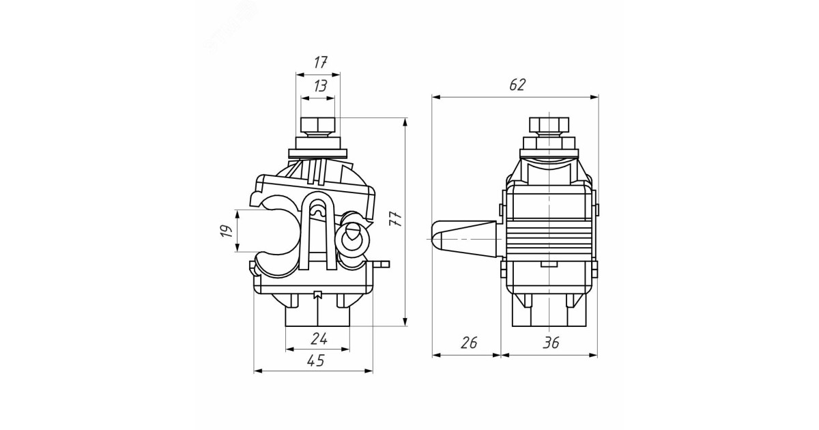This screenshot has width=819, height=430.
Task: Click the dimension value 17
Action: pyautogui.click(x=320, y=63)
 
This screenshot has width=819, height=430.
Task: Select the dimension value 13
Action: pyautogui.click(x=320, y=86)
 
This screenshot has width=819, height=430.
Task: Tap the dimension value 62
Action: pyautogui.click(x=517, y=85)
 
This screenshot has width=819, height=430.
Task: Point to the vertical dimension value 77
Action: pyautogui.click(x=396, y=218)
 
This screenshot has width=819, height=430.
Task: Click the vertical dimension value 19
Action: pyautogui.click(x=227, y=231)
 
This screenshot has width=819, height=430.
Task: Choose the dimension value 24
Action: pyautogui.click(x=319, y=339)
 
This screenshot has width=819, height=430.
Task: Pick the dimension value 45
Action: pyautogui.click(x=316, y=361)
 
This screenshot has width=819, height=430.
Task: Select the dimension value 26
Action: pyautogui.click(x=469, y=343)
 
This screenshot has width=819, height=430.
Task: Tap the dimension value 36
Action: pyautogui.click(x=551, y=343)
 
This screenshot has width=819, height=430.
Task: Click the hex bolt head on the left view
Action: pyautogui.click(x=318, y=125)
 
